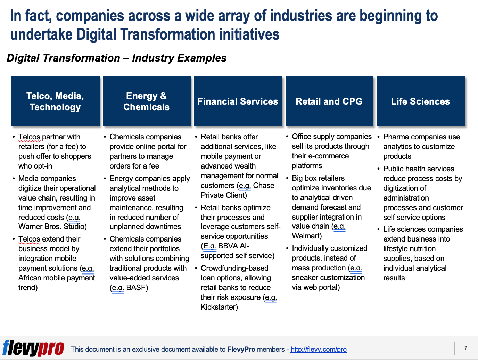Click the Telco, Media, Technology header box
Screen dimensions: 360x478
click(55, 101)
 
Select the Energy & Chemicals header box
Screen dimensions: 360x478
click(147, 101)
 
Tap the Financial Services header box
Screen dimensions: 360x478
click(238, 101)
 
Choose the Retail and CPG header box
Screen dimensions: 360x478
click(329, 101)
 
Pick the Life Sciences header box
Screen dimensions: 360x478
click(421, 101)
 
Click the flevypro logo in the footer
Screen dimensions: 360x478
click(33, 348)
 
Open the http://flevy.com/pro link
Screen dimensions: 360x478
click(319, 349)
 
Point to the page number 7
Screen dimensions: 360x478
click(465, 348)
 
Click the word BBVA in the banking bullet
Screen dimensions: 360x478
click(228, 246)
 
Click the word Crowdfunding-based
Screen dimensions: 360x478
click(234, 268)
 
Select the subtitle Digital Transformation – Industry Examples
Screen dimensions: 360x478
click(117, 58)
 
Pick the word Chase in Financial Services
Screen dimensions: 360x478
click(264, 186)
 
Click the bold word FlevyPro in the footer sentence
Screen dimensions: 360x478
click(241, 349)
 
